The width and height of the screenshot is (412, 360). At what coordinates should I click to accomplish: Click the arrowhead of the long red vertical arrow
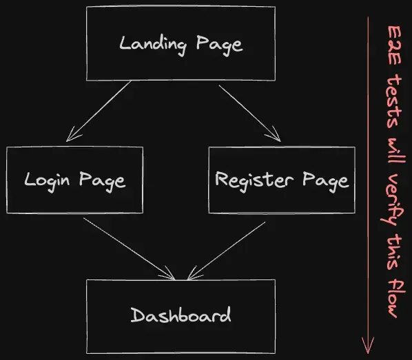pos(369,342)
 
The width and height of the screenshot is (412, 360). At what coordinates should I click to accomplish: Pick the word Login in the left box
pos(49,180)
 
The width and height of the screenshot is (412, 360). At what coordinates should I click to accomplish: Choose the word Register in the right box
pos(249,180)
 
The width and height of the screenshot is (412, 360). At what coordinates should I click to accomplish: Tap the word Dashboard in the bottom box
pos(181,316)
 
